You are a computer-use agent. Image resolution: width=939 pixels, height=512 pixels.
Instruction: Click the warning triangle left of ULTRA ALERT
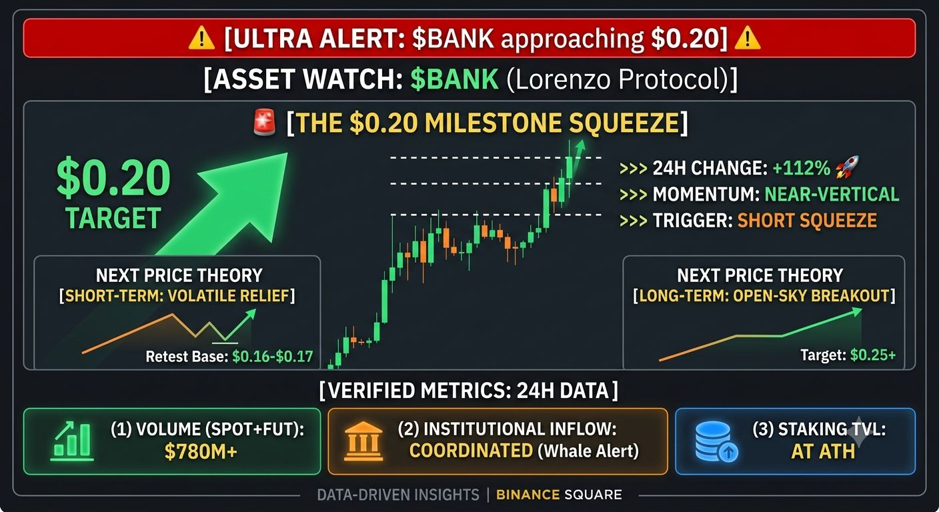coord(201,39)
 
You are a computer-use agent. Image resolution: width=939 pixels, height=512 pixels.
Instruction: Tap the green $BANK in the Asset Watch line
coord(454,79)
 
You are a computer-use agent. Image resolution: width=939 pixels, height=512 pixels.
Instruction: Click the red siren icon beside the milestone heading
coord(265,123)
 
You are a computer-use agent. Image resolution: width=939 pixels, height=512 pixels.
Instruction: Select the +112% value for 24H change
coord(801,168)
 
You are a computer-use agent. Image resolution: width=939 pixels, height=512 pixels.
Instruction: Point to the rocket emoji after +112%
coord(847,167)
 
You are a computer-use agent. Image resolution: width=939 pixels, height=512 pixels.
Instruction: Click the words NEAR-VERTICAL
coord(832,194)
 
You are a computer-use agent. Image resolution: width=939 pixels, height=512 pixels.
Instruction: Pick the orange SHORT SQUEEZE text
coord(807,221)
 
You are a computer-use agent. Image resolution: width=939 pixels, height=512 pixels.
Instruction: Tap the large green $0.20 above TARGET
coord(113,178)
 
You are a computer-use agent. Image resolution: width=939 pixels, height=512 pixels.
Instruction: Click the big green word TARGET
coord(113,218)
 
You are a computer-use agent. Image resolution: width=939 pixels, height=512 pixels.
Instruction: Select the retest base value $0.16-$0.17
coord(273,357)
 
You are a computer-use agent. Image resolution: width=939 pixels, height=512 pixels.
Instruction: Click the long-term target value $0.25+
coord(873,355)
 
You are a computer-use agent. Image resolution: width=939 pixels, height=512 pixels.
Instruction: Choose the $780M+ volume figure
coord(201,451)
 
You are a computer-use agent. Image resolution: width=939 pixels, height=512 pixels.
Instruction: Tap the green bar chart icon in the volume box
coord(71,441)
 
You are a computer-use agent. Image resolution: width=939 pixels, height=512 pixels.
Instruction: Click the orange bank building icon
coord(363,441)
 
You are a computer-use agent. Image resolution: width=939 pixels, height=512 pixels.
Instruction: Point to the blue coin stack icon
coord(716,441)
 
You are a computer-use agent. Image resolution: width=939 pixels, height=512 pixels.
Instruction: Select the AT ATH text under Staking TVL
coord(823,451)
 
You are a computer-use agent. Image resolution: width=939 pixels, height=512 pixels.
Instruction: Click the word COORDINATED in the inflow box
coord(472,451)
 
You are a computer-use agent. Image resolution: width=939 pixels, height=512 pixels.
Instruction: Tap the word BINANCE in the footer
coord(528,495)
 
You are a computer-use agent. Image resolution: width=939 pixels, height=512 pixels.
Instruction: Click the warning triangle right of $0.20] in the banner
coord(748,39)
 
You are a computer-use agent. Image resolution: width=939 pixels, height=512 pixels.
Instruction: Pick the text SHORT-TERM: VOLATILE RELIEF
coord(177,296)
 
